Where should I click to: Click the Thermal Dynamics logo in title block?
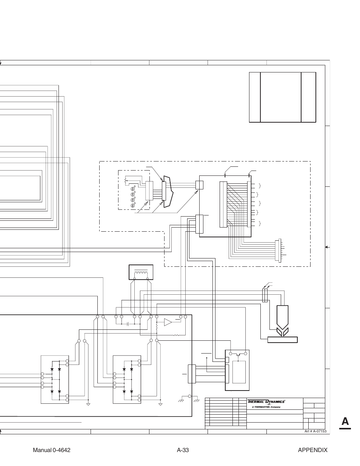(x=266, y=402)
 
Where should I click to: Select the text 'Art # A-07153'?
(x=315, y=431)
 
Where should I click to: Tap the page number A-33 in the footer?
(x=183, y=450)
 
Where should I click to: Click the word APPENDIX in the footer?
(x=312, y=450)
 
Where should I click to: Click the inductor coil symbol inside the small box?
(x=141, y=273)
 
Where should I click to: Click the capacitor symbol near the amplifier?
(x=128, y=323)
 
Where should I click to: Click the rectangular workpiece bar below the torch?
(x=283, y=340)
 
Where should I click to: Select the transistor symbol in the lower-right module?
(x=237, y=354)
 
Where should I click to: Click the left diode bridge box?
(x=55, y=379)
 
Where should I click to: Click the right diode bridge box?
(x=127, y=379)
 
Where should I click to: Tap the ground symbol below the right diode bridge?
(x=160, y=404)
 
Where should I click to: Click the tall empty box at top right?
(x=281, y=97)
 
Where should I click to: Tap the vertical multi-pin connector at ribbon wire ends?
(x=280, y=250)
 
